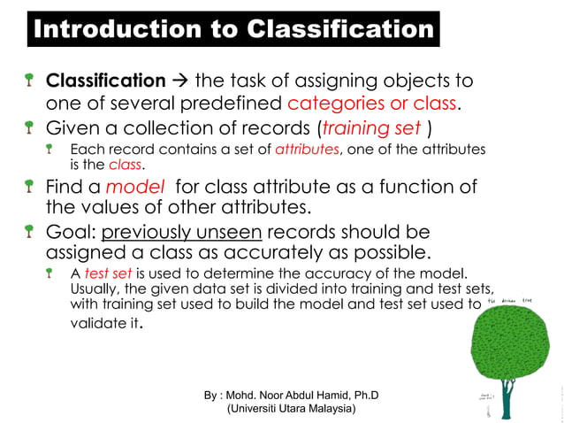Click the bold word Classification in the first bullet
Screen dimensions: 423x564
(x=105, y=81)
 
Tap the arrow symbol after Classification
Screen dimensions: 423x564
(x=179, y=81)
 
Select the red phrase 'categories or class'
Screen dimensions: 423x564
(x=372, y=104)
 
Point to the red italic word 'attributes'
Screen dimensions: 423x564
(x=307, y=150)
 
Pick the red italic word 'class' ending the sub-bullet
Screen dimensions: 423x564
(x=125, y=165)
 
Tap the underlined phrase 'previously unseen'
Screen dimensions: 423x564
(x=181, y=232)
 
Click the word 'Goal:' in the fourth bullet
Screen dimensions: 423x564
(x=71, y=232)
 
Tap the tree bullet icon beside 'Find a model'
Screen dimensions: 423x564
(x=29, y=187)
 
